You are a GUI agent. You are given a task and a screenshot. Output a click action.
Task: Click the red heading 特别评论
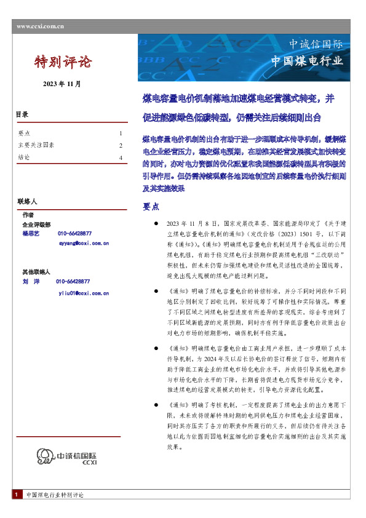62,62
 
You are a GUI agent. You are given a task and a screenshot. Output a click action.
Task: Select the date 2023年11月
62,84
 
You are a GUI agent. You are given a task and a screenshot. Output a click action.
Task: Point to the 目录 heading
22,115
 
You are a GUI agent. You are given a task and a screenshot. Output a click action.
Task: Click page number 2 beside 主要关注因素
121,145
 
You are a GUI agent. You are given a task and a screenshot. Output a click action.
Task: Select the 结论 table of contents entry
25,158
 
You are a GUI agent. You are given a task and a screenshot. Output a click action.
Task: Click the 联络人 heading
27,202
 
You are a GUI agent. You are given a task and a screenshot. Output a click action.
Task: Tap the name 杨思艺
31,234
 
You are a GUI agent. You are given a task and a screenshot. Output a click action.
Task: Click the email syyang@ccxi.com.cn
84,244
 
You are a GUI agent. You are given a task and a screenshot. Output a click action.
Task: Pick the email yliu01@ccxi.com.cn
84,293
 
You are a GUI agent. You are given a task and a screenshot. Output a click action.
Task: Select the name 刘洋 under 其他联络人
31,281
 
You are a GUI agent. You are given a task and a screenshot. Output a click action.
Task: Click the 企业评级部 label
36,225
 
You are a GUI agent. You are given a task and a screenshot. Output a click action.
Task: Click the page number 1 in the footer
15,495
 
